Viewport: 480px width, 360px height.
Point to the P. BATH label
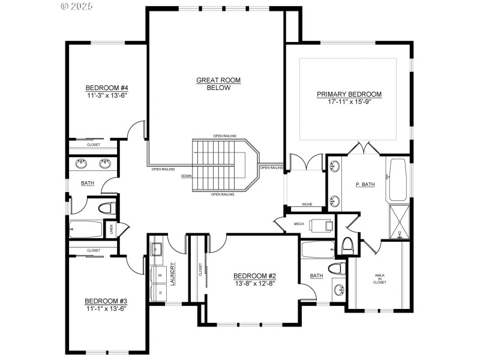tap(365, 184)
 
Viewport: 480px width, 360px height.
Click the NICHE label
tap(307, 204)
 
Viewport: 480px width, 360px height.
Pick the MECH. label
tap(299, 224)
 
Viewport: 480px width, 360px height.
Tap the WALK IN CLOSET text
tap(380, 278)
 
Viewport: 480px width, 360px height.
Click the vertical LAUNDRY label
tap(172, 273)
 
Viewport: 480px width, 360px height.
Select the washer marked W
tap(159, 275)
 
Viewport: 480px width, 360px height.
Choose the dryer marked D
tap(159, 292)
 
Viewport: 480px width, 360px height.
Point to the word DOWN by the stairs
tap(186, 176)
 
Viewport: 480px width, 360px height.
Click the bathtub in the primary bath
tap(398, 180)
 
